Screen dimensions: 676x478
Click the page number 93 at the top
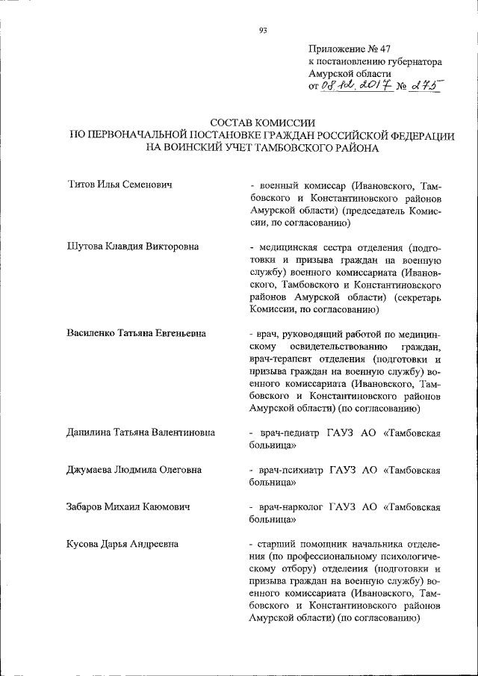point(263,31)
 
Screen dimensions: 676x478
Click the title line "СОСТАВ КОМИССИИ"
point(262,122)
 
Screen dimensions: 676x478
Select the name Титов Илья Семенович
point(120,184)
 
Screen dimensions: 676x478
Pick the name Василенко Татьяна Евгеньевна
point(137,333)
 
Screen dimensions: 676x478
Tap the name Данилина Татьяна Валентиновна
point(141,432)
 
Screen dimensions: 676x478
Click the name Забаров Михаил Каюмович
point(128,506)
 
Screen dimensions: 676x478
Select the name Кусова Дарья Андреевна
point(122,544)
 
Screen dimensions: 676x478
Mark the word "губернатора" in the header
point(413,61)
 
